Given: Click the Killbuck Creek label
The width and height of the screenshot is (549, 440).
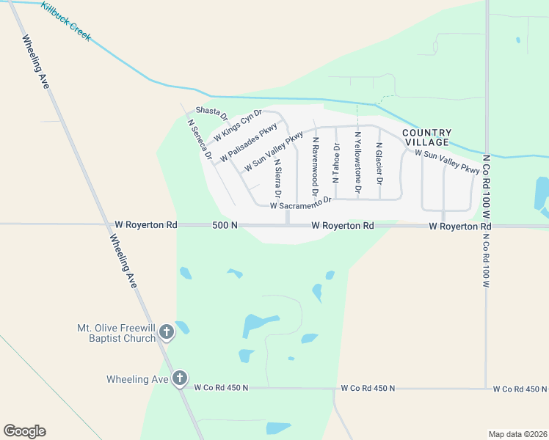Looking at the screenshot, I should click(66, 21).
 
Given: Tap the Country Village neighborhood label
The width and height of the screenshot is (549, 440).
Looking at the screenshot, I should click(426, 137).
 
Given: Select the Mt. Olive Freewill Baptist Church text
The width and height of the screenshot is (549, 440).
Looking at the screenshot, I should click(117, 333).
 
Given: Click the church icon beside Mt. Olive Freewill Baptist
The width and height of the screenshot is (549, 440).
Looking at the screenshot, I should click(166, 332).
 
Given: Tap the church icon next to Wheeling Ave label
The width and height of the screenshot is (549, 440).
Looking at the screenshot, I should click(180, 379).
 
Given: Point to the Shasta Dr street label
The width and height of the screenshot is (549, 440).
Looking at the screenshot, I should click(212, 114).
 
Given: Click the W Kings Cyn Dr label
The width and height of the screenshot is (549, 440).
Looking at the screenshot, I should click(237, 127).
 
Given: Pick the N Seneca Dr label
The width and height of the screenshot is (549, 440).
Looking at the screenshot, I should click(200, 140).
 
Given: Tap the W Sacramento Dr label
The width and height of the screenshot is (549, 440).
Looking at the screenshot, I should click(301, 203).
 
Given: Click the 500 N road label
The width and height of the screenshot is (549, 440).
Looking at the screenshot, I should click(225, 225).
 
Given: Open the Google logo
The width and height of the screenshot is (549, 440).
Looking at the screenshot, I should click(24, 431).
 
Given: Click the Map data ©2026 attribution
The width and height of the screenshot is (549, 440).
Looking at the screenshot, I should click(517, 434).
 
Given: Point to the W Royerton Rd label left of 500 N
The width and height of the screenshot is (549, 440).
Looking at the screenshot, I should click(147, 225).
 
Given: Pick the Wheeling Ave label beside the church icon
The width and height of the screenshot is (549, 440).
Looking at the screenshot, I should click(138, 379).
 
